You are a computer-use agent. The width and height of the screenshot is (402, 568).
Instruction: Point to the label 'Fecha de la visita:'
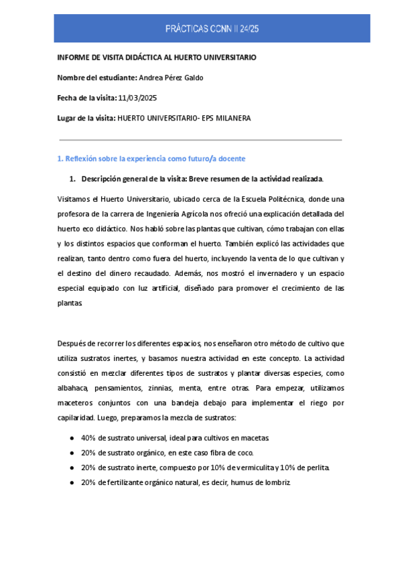(86, 98)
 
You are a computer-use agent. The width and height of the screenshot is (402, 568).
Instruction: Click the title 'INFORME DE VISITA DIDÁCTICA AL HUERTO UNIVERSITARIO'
(156, 58)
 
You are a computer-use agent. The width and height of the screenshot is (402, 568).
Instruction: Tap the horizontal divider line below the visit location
(201, 140)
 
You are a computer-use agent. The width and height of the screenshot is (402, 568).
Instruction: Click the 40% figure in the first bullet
(88, 437)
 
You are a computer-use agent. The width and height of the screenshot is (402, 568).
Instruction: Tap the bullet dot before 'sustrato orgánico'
(72, 452)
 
